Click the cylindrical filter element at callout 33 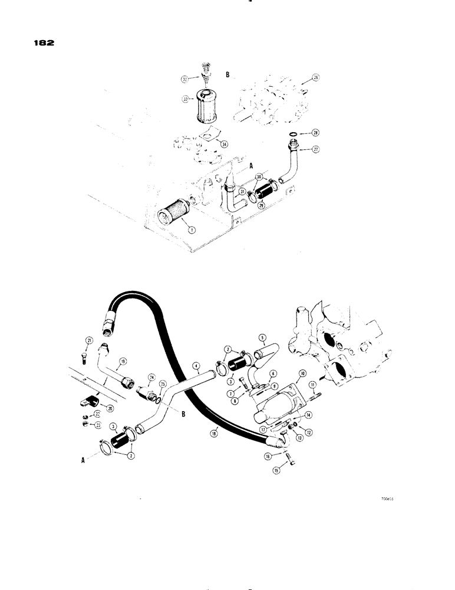click(205, 106)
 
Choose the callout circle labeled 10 click(301, 373)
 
